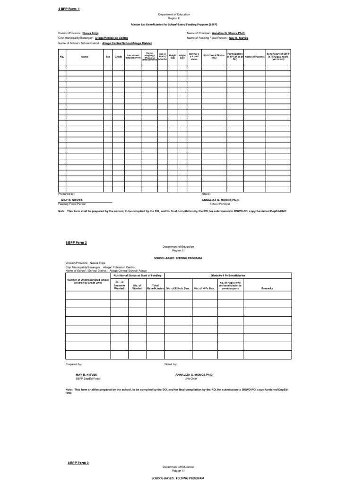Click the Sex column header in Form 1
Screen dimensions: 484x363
[108, 57]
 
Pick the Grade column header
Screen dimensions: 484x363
[118, 57]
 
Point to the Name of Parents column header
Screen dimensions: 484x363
[254, 57]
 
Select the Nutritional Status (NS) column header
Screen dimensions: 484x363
[214, 57]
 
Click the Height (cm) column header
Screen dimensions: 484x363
[181, 57]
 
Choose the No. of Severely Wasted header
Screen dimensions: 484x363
[119, 285]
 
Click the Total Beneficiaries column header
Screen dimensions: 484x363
[155, 286]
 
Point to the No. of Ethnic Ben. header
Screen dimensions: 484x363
[178, 288]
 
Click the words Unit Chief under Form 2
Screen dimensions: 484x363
[190, 379]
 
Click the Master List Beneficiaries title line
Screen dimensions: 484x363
[181, 23]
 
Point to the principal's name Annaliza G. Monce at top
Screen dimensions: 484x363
[228, 34]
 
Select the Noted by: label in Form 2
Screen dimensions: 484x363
[171, 364]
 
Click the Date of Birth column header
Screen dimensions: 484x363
[133, 57]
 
